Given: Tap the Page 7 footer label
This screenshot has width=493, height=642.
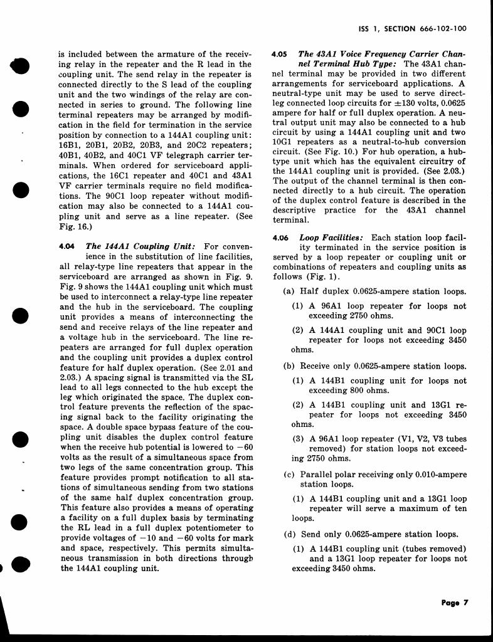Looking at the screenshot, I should (455, 603).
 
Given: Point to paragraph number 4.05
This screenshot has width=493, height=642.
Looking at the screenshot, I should (279, 55).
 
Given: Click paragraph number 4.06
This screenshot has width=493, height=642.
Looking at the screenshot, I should (279, 238).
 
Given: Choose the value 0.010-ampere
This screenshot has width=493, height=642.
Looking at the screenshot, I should (437, 474).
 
